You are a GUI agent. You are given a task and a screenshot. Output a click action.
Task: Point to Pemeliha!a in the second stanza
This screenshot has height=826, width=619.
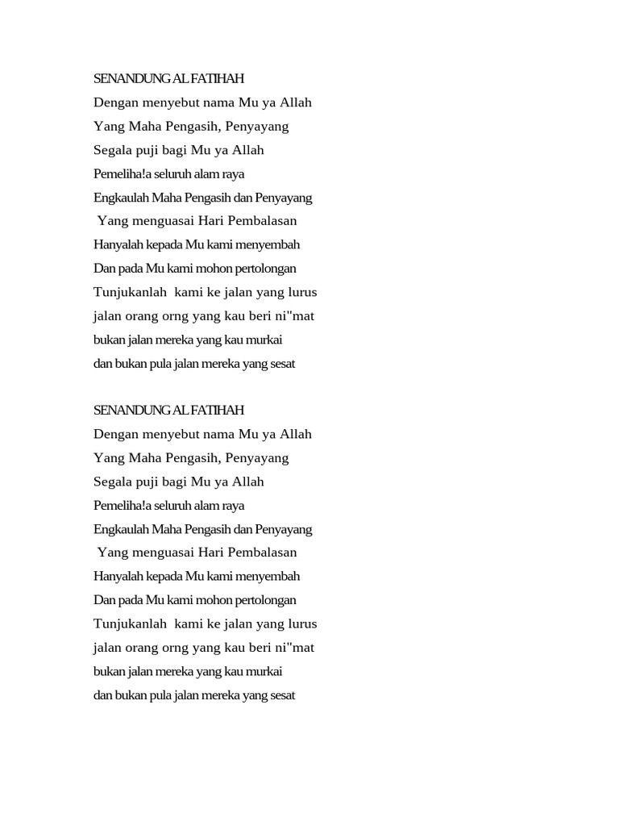120,506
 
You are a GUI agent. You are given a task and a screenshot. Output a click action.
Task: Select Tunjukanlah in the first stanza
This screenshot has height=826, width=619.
130,292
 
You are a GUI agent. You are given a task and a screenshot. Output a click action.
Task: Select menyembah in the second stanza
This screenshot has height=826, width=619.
272,577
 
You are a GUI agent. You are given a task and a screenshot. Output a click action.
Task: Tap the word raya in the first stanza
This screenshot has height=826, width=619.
232,174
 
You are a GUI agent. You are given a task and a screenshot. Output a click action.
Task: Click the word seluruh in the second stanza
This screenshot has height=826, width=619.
168,506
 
